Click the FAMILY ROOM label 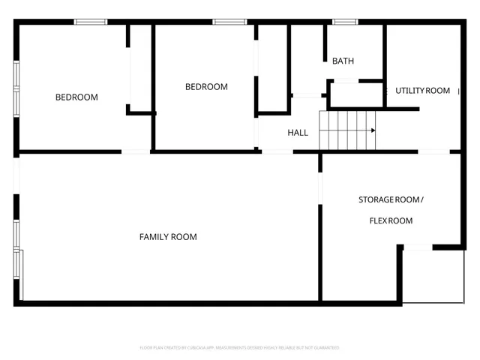[x=168, y=237]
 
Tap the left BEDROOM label [x=76, y=97]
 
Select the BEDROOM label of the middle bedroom [x=206, y=87]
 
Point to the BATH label [x=343, y=61]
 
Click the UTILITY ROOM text [x=423, y=91]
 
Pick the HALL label [x=298, y=133]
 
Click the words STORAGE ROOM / [x=391, y=199]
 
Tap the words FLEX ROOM [x=391, y=220]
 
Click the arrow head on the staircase [x=372, y=130]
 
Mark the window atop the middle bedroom [x=229, y=22]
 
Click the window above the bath [x=345, y=22]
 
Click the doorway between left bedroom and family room [x=136, y=151]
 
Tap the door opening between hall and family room [x=277, y=151]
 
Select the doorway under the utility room [x=433, y=151]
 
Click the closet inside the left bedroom [x=139, y=67]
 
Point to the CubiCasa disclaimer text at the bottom [x=240, y=348]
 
